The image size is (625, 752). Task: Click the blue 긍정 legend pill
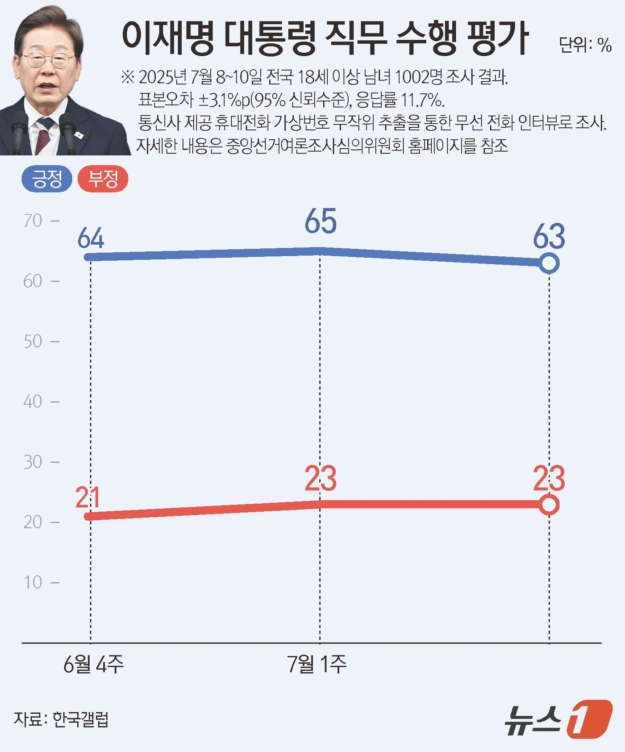(47, 179)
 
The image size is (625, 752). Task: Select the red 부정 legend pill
(103, 179)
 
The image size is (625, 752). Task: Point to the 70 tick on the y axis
(33, 221)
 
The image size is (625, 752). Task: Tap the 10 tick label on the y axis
(33, 582)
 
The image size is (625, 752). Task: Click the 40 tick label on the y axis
(33, 401)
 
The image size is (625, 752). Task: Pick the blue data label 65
(321, 221)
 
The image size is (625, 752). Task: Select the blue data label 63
(549, 236)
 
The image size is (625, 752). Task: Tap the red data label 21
(87, 497)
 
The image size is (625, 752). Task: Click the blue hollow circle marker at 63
(549, 263)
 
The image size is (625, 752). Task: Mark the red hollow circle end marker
(549, 505)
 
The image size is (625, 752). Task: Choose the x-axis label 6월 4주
(93, 664)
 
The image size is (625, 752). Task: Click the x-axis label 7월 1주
(317, 664)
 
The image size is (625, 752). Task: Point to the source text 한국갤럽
(81, 719)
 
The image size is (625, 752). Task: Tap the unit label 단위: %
(585, 45)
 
